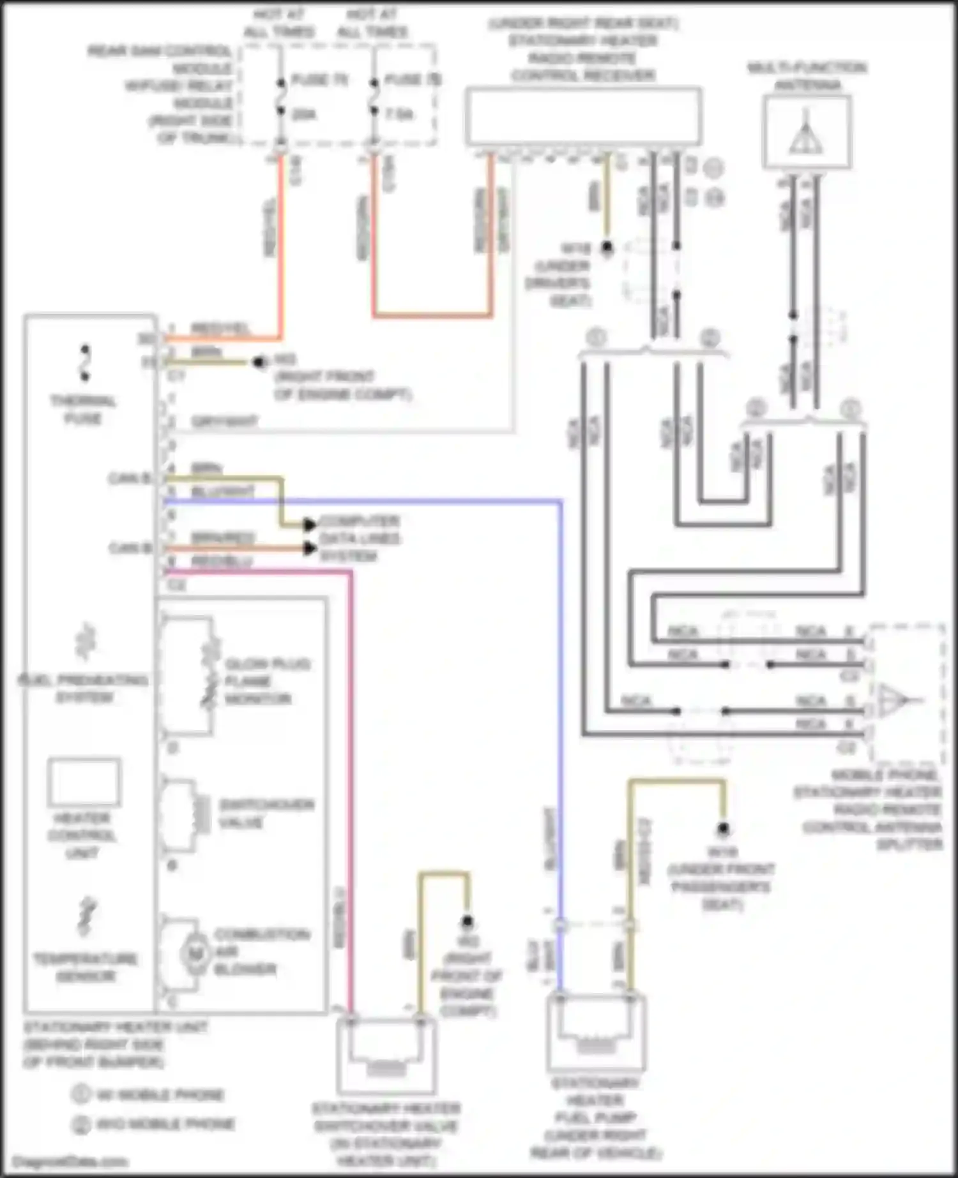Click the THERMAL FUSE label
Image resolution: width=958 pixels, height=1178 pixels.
pyautogui.click(x=83, y=409)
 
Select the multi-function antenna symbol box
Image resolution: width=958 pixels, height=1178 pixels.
pyautogui.click(x=807, y=132)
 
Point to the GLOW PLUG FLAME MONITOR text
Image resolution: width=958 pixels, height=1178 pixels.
pyautogui.click(x=267, y=682)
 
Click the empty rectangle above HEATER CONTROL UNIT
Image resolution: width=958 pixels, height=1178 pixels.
pyautogui.click(x=84, y=782)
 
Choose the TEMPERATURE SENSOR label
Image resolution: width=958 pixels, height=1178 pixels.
pyautogui.click(x=86, y=967)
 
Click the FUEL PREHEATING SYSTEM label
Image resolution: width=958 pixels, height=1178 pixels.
pyautogui.click(x=83, y=688)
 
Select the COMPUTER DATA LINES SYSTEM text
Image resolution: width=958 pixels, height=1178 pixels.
pyautogui.click(x=359, y=539)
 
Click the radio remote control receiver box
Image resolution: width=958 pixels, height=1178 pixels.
pyautogui.click(x=583, y=116)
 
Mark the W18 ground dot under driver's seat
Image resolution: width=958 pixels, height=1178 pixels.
pyautogui.click(x=607, y=248)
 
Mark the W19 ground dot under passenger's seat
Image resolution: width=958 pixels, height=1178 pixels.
pyautogui.click(x=723, y=829)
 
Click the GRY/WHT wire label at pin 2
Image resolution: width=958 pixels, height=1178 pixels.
pyautogui.click(x=224, y=422)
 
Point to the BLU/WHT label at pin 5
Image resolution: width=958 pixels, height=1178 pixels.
pyautogui.click(x=223, y=491)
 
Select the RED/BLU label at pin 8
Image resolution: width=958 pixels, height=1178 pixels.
pyautogui.click(x=222, y=561)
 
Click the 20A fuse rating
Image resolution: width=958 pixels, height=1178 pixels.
pyautogui.click(x=304, y=114)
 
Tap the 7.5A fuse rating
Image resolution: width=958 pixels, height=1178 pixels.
pyautogui.click(x=399, y=114)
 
